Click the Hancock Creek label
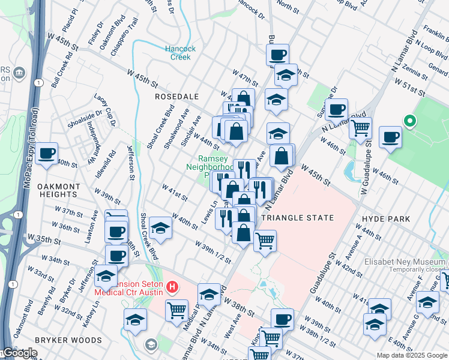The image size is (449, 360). (x=178, y=53)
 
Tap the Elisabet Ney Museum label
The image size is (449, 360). (x=406, y=262)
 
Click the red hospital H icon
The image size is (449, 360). (x=172, y=287)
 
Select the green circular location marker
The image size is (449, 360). (x=411, y=121)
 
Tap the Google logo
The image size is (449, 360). (x=19, y=353)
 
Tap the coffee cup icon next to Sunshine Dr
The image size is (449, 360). (x=337, y=110)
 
